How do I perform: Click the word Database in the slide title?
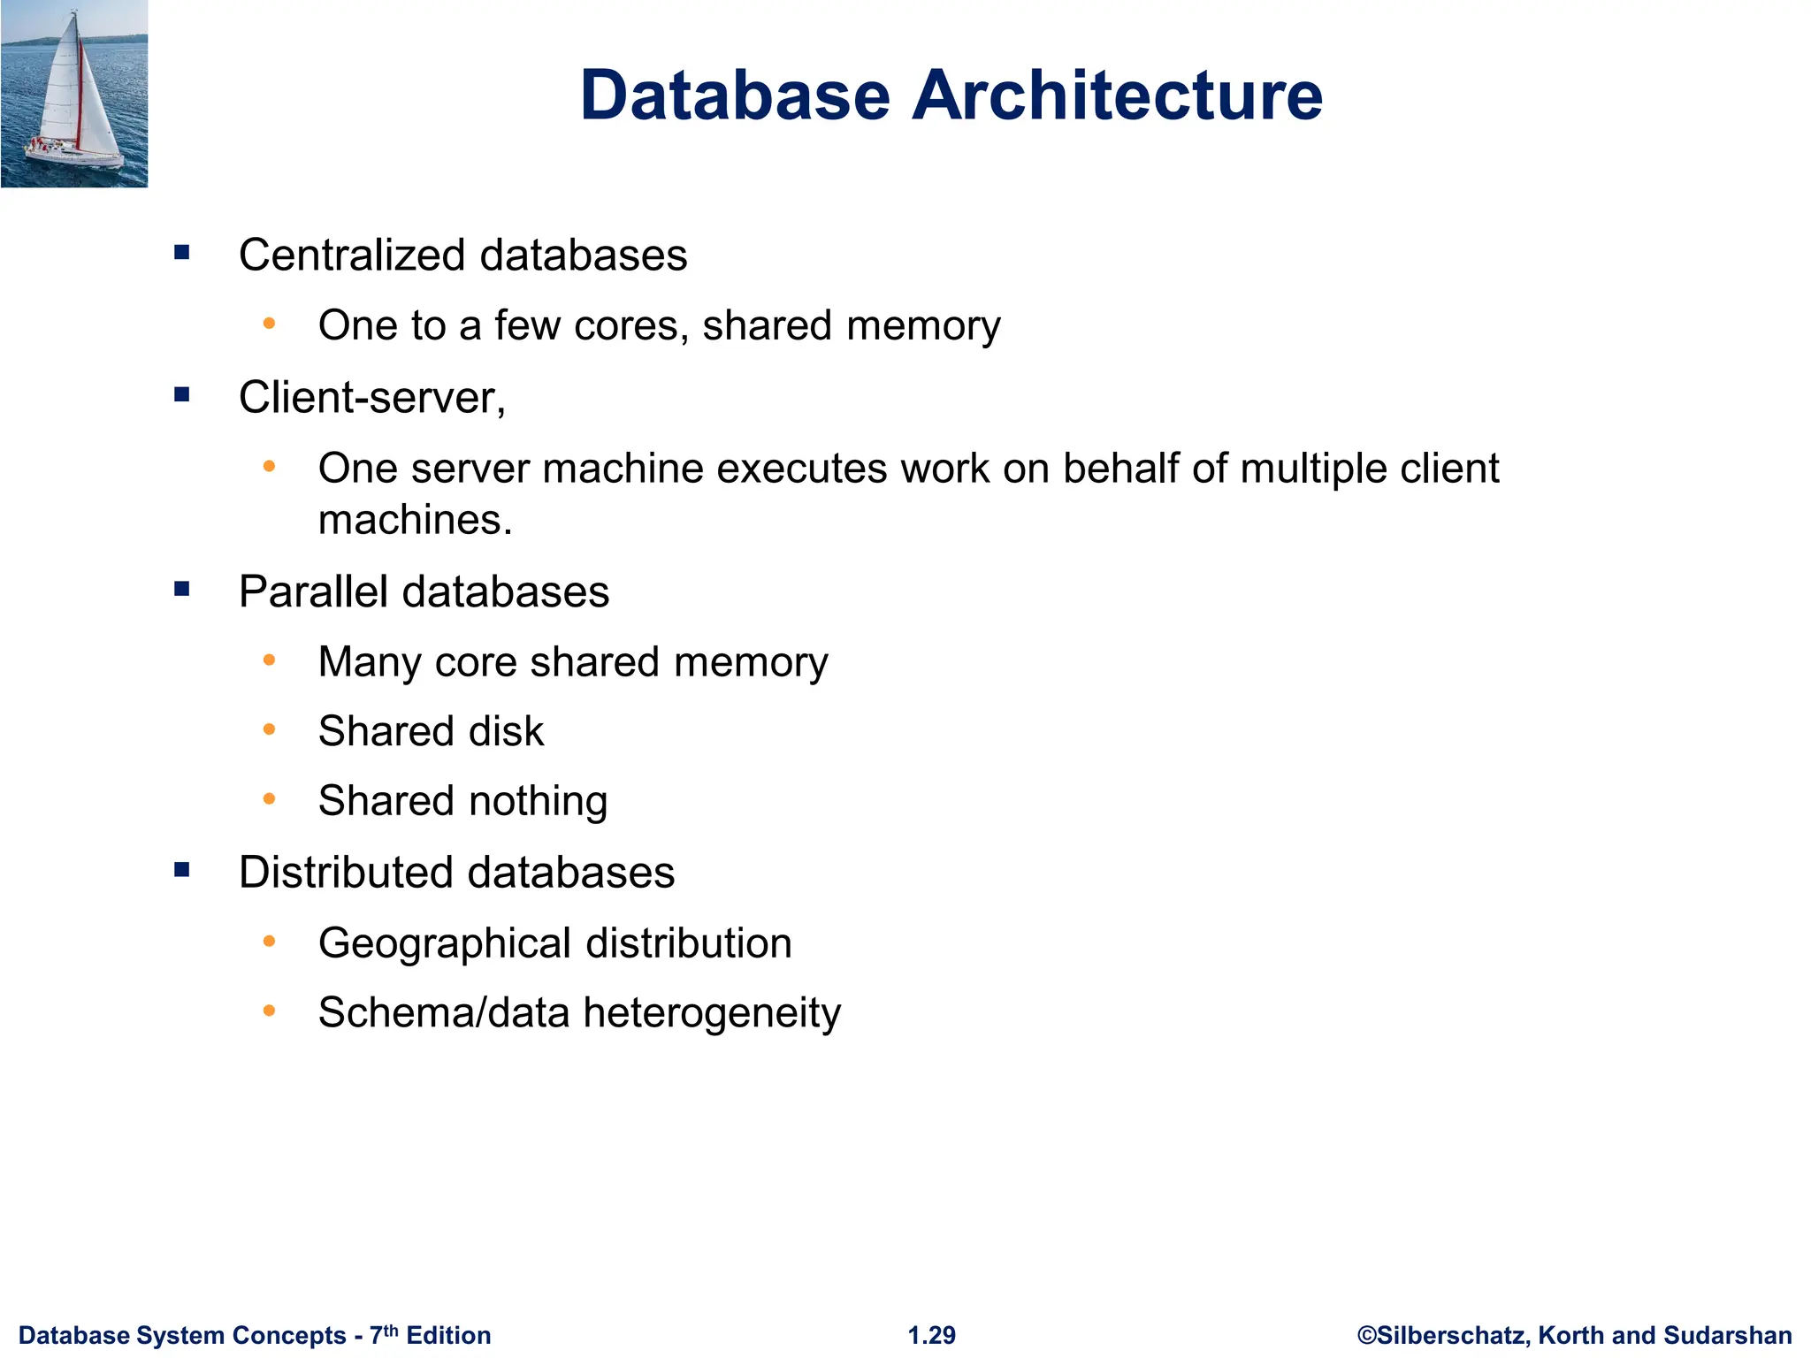735,95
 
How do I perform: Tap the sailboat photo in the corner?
74,94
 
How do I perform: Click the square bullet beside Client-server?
182,395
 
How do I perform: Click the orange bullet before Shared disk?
270,730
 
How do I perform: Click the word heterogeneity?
712,1013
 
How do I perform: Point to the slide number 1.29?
932,1335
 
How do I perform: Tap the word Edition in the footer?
448,1335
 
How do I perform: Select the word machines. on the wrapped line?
416,520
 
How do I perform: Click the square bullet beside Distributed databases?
182,871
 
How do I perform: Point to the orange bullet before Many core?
270,660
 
